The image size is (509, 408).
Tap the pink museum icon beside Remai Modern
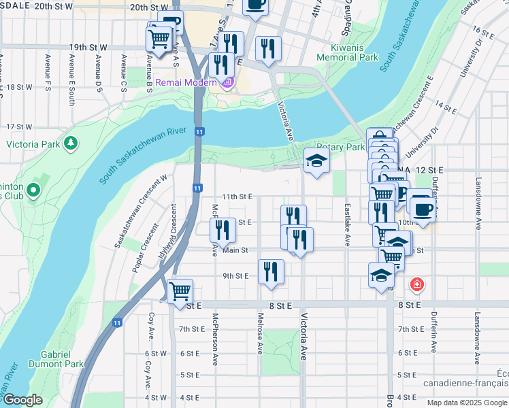tap(227, 83)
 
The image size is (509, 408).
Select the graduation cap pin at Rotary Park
tap(316, 160)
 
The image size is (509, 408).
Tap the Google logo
tap(23, 400)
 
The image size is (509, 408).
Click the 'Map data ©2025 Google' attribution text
tap(467, 403)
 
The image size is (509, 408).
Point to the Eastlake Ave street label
tap(348, 224)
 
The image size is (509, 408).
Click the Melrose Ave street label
tap(260, 333)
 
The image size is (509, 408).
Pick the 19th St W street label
tap(88, 48)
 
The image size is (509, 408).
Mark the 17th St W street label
tap(19, 126)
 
